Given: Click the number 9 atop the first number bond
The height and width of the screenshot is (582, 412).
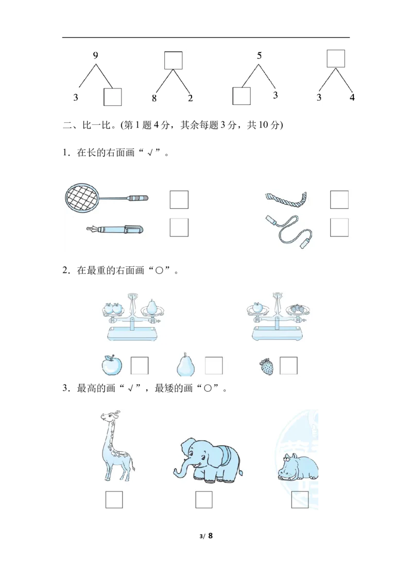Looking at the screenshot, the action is [x=96, y=56].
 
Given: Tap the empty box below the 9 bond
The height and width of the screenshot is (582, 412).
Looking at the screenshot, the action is [x=113, y=97].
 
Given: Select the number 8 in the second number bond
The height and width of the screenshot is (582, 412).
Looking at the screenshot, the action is [x=154, y=98].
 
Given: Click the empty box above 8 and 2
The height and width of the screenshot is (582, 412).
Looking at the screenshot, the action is [x=173, y=61].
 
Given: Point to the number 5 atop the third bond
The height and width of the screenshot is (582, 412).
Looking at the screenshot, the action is [x=259, y=56].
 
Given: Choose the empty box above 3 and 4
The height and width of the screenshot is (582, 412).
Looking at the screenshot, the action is [x=336, y=59].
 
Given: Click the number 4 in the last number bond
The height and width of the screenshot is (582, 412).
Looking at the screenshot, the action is [x=352, y=98].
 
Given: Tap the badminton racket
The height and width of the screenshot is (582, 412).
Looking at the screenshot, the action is [x=106, y=197].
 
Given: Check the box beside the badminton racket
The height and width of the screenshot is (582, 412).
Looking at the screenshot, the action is [x=179, y=199].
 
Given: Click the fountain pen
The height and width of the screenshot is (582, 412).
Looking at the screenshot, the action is [x=114, y=230].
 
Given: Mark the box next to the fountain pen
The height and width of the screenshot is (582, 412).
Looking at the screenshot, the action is [x=179, y=227].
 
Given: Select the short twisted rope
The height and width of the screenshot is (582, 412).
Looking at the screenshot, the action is [x=287, y=199].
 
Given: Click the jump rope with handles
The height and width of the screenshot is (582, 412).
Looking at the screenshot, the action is [x=289, y=231].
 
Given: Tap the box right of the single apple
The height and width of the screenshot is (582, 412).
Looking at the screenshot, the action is [x=140, y=366].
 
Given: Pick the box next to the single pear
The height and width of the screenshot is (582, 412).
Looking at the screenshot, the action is [x=214, y=366].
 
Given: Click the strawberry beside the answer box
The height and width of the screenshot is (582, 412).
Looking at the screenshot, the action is [x=266, y=367].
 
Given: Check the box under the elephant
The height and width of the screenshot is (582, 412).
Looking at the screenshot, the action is [x=204, y=500].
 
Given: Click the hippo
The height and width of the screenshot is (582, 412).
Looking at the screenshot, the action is [x=298, y=467].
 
